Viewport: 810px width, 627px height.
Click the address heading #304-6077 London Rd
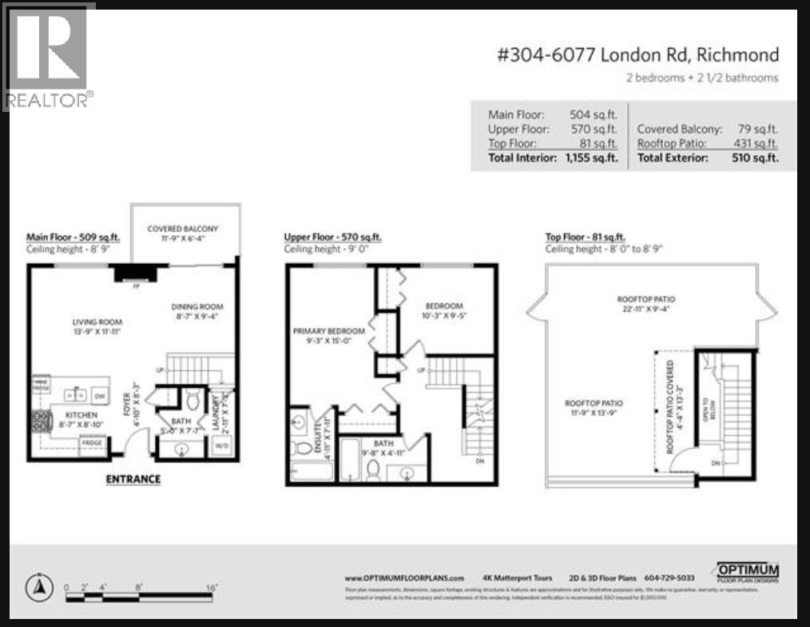point(637,55)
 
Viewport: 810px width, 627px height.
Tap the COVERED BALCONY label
point(183,229)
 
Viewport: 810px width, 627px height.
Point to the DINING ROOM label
point(197,306)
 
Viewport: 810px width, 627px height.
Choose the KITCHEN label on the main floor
point(81,415)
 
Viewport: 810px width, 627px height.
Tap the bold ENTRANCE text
point(133,479)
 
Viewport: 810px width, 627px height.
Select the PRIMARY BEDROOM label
point(328,331)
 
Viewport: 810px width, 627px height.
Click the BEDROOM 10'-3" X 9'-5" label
point(444,306)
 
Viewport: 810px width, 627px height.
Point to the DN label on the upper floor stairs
point(479,461)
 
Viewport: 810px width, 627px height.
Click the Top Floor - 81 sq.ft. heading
point(585,238)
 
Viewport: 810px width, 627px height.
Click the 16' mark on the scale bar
point(212,587)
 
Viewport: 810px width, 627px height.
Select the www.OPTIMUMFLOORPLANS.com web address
point(404,578)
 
